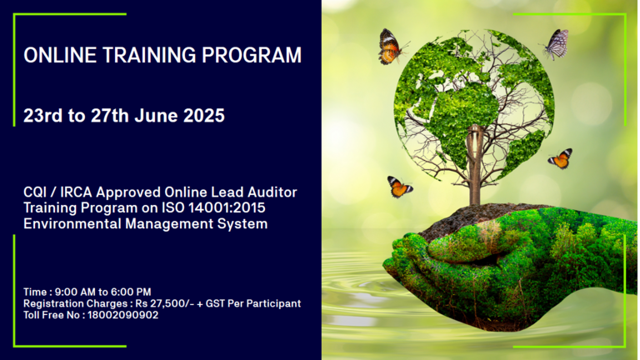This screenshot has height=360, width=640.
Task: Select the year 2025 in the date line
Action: click(x=203, y=116)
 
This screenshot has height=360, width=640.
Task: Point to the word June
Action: click(x=157, y=116)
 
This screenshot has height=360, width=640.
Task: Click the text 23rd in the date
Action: click(x=42, y=116)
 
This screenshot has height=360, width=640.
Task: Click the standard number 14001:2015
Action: click(x=227, y=207)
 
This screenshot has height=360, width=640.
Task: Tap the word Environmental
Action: click(x=72, y=223)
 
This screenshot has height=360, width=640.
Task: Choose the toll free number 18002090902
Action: click(x=122, y=315)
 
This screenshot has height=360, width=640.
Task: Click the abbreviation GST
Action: click(x=216, y=303)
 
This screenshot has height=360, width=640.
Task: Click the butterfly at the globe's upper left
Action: click(x=391, y=47)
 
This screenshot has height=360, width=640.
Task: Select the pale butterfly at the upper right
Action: click(x=556, y=43)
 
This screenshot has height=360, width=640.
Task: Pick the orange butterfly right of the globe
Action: click(x=560, y=158)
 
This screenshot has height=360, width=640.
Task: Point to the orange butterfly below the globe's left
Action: click(x=399, y=187)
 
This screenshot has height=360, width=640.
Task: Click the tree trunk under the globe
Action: click(x=475, y=165)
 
